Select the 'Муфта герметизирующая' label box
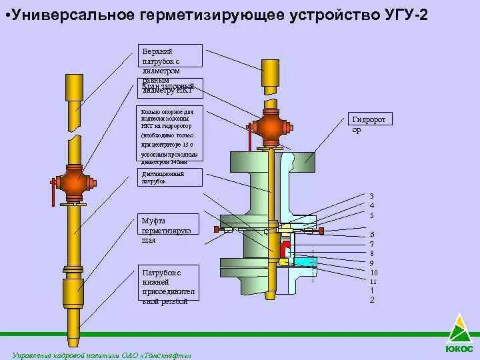170,231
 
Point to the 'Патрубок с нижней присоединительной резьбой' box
170,287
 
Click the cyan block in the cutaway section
305,263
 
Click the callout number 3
372,196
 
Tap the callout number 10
373,272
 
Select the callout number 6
372,235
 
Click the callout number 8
372,253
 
